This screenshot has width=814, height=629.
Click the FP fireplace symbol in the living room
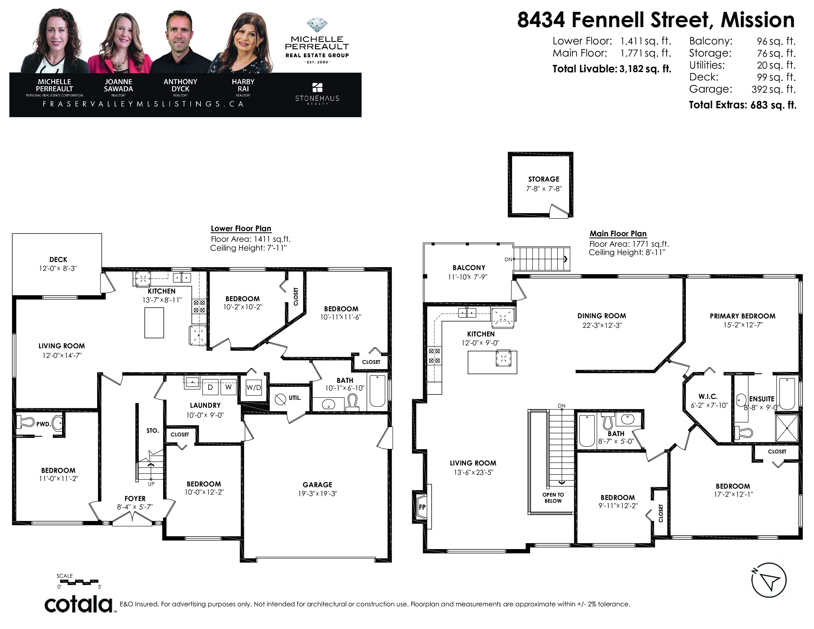pos(422,507)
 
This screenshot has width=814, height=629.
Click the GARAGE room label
pos(317,484)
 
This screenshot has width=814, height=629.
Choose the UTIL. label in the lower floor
pos(295,398)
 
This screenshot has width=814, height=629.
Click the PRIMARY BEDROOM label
pos(742,316)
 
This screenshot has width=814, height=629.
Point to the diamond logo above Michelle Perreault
pos(317,26)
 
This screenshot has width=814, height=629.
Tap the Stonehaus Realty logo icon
pos(317,88)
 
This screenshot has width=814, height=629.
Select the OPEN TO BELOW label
pos(553,498)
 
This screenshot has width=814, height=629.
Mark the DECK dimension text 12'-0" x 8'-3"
pos(58,268)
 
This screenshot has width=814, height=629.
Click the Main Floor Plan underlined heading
pos(618,234)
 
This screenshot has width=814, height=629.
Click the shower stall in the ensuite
pos(787,427)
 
